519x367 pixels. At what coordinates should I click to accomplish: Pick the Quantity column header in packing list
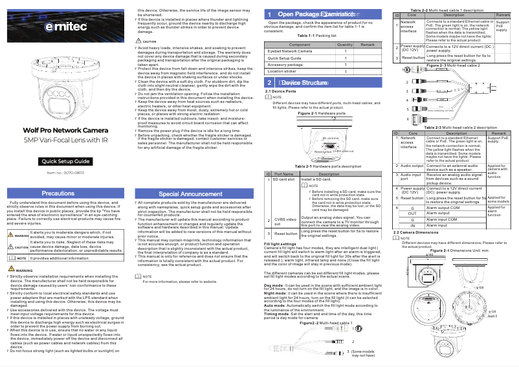click(x=345, y=43)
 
